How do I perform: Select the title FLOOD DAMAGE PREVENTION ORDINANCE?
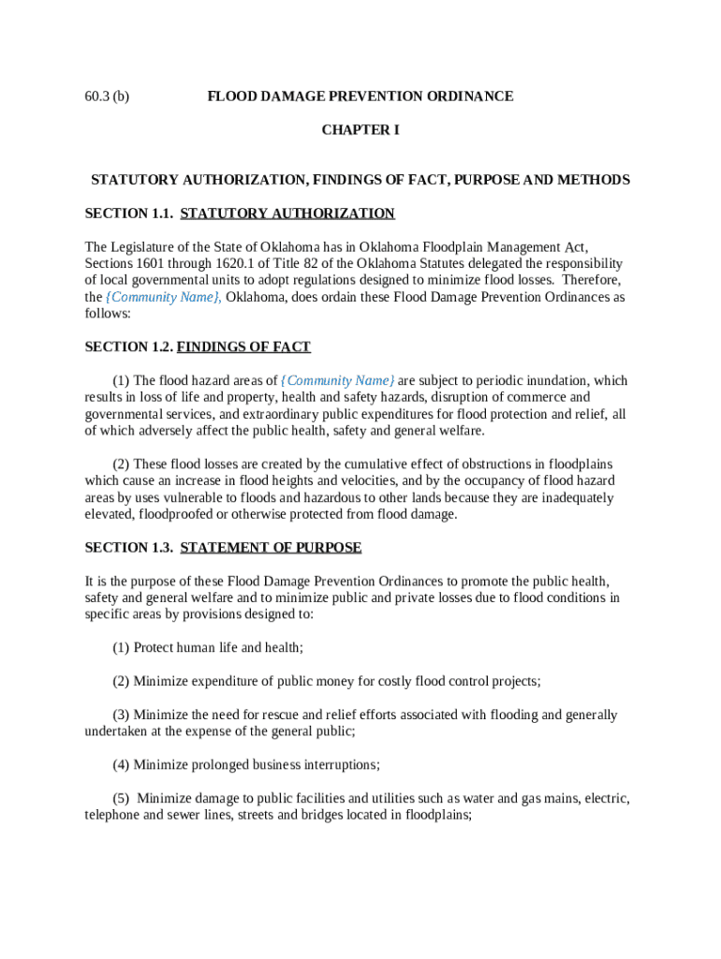[360, 96]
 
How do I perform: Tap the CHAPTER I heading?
[360, 130]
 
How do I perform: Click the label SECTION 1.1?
[129, 214]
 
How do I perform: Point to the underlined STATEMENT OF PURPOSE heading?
[271, 547]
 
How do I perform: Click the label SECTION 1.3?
[129, 547]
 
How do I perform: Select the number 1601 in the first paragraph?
[153, 264]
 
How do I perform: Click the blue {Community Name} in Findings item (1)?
[338, 380]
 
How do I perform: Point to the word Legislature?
[147, 247]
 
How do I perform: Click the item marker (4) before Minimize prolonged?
[121, 764]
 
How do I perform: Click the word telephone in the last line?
[114, 815]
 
